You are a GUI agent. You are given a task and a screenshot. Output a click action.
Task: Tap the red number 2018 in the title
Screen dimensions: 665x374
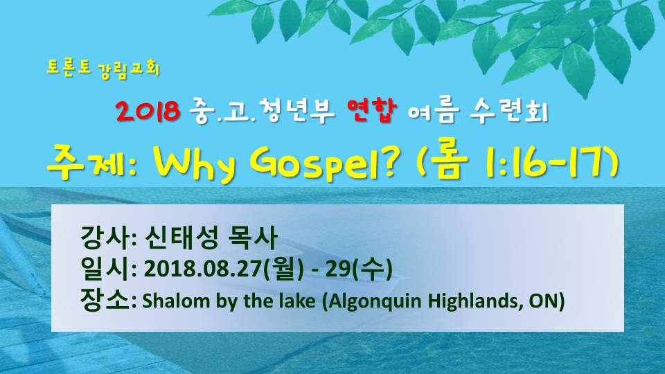click(x=148, y=111)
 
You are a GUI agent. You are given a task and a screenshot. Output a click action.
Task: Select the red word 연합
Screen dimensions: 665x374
click(x=371, y=110)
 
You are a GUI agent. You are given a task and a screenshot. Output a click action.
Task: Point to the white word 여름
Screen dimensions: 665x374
click(x=434, y=112)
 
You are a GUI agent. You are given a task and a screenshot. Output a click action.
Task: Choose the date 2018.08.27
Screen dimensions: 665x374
click(x=202, y=269)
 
